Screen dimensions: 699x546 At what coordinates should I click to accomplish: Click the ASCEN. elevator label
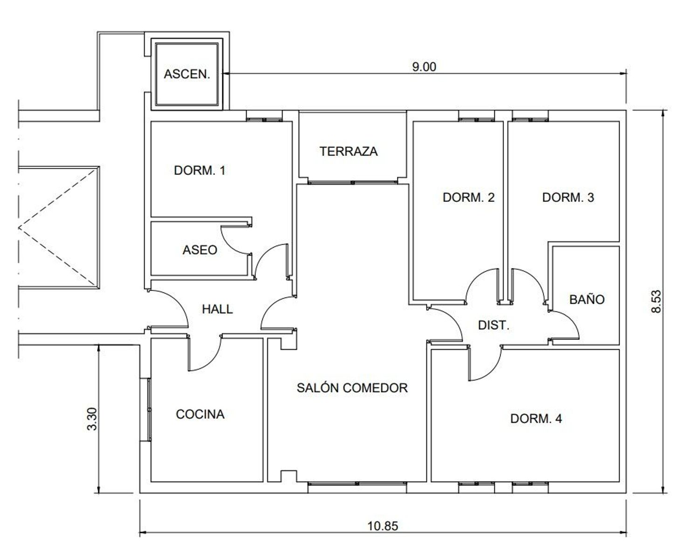click(187, 74)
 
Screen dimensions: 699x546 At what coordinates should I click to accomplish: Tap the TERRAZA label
click(349, 151)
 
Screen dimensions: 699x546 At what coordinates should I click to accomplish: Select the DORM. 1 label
click(200, 170)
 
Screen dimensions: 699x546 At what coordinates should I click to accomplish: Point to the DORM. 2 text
click(469, 197)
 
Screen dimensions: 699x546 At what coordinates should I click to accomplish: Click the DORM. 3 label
click(568, 197)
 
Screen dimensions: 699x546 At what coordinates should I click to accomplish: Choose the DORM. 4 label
click(536, 419)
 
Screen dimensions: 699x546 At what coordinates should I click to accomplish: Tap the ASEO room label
click(200, 250)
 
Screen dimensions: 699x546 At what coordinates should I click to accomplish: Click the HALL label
click(218, 309)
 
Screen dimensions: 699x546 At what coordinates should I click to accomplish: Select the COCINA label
click(200, 414)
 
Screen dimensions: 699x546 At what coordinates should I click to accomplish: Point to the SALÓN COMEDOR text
click(352, 387)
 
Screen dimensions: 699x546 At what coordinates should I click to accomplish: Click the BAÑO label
click(587, 299)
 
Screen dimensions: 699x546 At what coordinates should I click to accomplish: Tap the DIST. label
click(494, 325)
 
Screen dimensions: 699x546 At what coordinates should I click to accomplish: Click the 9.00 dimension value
click(424, 67)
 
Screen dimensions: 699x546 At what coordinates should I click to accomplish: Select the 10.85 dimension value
click(383, 526)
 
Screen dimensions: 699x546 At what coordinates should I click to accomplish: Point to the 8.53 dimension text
click(656, 302)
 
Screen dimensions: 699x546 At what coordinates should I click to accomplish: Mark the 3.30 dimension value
click(92, 419)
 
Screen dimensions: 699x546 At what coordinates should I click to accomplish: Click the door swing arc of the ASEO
click(230, 245)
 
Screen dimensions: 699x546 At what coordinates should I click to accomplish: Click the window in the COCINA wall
click(149, 409)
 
